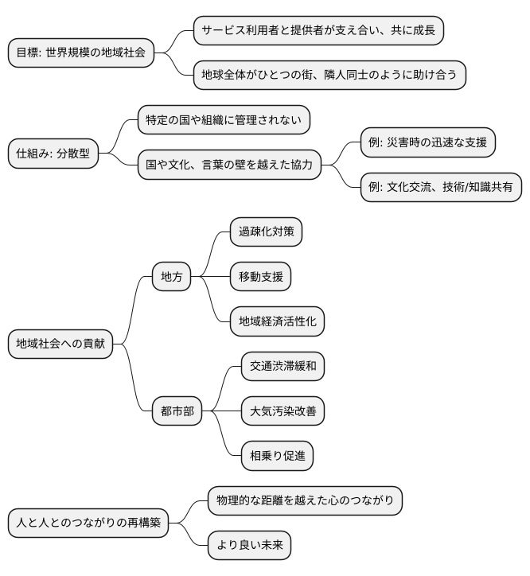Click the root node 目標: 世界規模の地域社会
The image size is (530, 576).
coord(80,53)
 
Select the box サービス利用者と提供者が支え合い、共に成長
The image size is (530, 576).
coord(318,30)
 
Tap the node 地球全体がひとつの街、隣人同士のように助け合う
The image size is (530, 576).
coord(329,75)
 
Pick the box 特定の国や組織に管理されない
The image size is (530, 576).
coord(224,120)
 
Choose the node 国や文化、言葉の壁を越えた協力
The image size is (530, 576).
coord(228,165)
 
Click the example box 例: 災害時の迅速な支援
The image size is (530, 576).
coord(428,143)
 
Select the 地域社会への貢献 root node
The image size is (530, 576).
coord(60,344)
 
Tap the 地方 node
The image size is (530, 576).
coord(172,277)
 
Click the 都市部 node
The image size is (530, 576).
coord(177,412)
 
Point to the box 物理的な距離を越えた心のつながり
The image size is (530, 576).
coord(304,501)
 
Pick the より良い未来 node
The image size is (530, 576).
coord(249,547)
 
